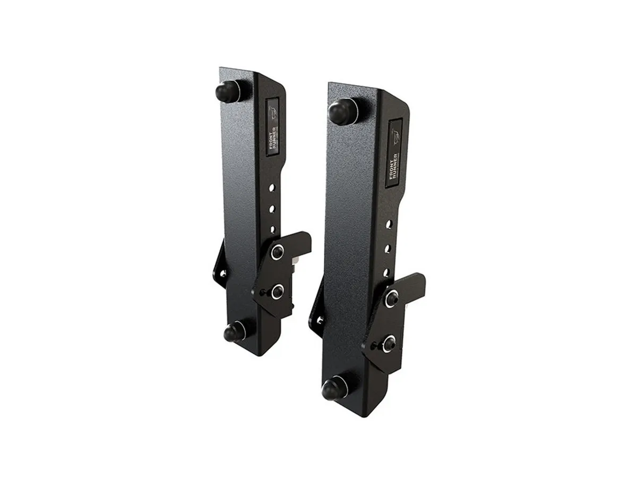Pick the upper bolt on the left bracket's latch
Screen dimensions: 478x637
coord(277,253)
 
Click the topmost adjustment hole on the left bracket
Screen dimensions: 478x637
coord(273,187)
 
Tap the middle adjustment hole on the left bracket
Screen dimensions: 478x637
coord(273,209)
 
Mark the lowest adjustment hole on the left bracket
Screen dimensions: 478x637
coord(272,229)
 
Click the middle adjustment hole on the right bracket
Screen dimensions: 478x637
coord(388,248)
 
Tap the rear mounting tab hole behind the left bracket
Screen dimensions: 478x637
coord(223,274)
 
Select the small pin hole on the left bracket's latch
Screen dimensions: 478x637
coord(262,291)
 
